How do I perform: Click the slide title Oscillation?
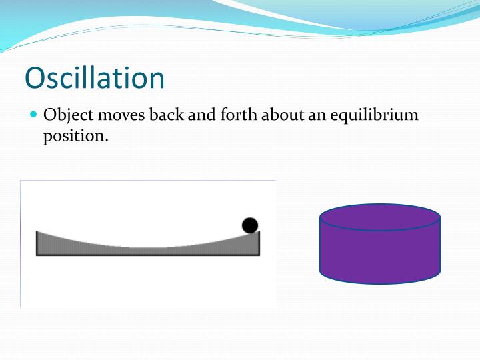click(x=95, y=77)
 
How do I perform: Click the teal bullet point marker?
click(x=35, y=115)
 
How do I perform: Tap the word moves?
click(x=119, y=115)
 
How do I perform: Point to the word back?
click(x=166, y=115)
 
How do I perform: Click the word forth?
click(x=237, y=115)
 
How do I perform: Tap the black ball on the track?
click(x=250, y=225)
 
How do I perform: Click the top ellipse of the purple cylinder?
click(x=380, y=217)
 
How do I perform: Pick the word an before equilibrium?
click(x=315, y=115)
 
